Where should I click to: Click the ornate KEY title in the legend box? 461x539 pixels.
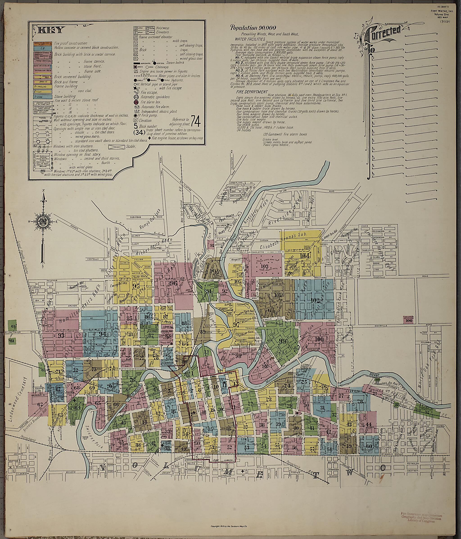[50, 30]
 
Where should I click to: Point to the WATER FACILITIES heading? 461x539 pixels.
[250, 39]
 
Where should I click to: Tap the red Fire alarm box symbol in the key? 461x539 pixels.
[135, 102]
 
